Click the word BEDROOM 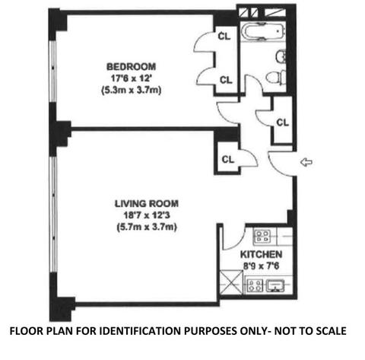click(x=131, y=67)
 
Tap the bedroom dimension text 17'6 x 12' click(x=131, y=78)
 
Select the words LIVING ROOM click(x=147, y=204)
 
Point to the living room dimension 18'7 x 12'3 click(x=147, y=215)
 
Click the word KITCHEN click(x=261, y=254)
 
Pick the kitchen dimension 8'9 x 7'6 click(x=261, y=266)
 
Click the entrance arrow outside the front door click(x=306, y=162)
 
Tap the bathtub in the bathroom click(x=263, y=32)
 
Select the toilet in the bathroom click(x=276, y=77)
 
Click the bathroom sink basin click(x=281, y=57)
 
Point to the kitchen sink click(x=275, y=285)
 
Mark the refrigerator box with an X click(x=231, y=282)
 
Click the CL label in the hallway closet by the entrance click(x=283, y=123)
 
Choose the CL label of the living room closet click(x=228, y=160)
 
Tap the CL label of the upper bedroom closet click(x=224, y=37)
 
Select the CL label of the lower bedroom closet click(x=226, y=80)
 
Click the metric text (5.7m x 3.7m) click(x=147, y=227)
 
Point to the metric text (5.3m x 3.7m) click(x=131, y=90)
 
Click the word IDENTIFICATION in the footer click(x=141, y=331)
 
